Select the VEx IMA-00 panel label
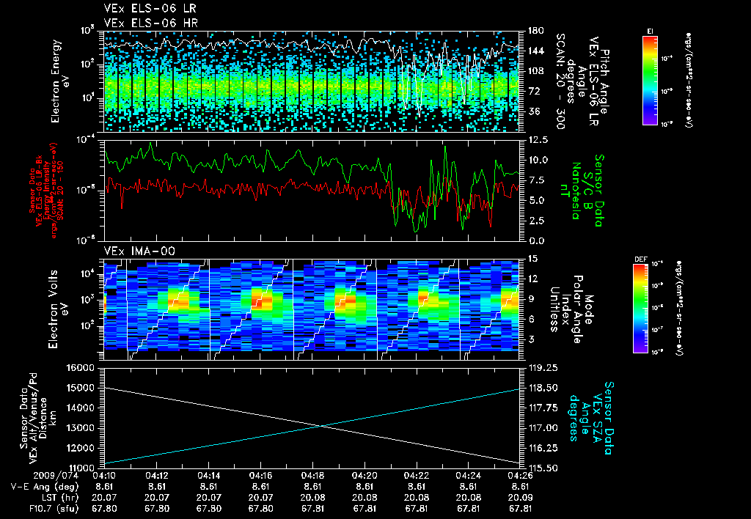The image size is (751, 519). click(133, 251)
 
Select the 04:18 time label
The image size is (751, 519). click(313, 475)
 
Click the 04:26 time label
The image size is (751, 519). click(521, 475)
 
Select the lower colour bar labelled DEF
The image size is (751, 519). click(641, 308)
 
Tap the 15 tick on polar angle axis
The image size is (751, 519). click(532, 259)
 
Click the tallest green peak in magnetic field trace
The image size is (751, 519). click(444, 147)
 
